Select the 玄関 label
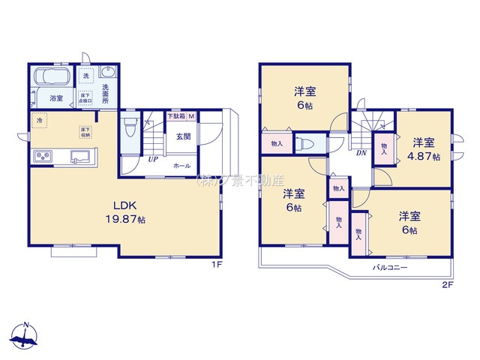(182, 136)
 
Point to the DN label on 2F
(361, 152)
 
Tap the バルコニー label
(389, 267)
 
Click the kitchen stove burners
(41, 157)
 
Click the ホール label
(182, 165)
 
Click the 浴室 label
(56, 98)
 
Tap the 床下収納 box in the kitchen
(84, 132)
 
